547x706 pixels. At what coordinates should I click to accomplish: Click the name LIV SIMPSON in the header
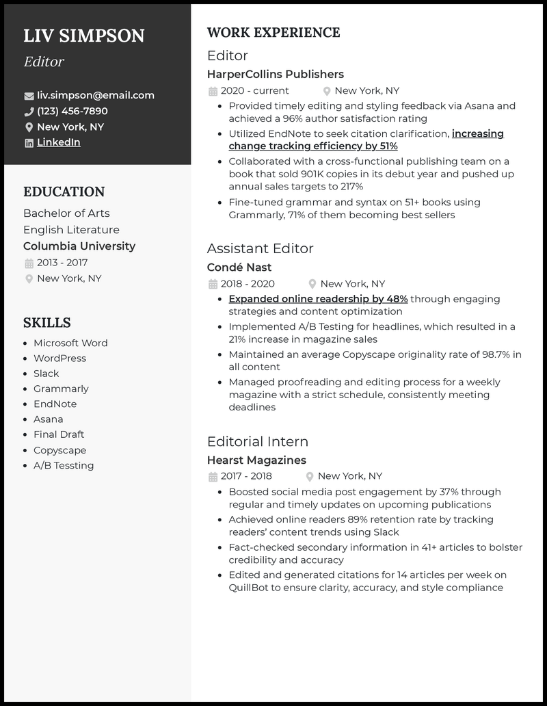point(84,36)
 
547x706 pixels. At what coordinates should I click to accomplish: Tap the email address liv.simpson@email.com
point(96,95)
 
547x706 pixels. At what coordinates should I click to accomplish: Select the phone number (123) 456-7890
point(72,111)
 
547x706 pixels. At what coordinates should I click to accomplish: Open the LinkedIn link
point(59,142)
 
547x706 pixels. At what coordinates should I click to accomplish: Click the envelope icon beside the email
point(29,96)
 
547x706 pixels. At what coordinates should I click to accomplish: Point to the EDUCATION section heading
point(64,192)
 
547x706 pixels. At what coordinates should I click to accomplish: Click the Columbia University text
point(79,246)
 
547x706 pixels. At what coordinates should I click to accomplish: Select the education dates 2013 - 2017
point(62,263)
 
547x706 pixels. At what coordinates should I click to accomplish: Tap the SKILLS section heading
point(47,323)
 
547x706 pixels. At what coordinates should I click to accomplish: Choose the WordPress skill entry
point(60,358)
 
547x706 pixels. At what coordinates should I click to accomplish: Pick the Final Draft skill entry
point(59,434)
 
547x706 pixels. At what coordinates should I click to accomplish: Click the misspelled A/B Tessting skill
point(64,465)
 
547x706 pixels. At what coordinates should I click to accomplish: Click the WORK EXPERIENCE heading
point(273,33)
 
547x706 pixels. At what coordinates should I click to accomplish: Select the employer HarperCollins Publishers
point(276,74)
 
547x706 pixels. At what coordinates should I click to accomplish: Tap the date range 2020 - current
point(254,90)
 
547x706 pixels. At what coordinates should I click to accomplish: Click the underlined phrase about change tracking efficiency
point(313,146)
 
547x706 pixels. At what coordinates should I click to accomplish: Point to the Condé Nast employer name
point(239,267)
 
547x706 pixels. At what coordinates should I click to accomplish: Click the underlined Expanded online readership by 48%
point(318,299)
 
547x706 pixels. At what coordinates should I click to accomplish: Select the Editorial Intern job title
point(258,441)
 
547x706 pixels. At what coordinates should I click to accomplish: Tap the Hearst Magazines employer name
point(256,460)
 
